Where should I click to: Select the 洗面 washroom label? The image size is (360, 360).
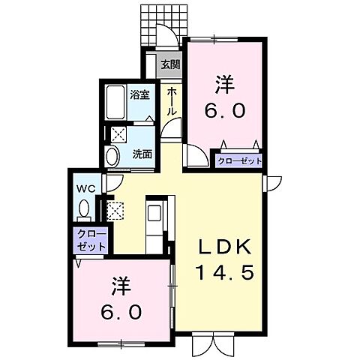tap(142, 154)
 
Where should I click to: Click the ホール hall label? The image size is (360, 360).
tap(172, 100)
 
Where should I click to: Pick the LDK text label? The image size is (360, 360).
tap(228, 247)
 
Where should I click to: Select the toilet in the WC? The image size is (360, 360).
tap(84, 208)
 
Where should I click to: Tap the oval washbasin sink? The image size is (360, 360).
tap(112, 157)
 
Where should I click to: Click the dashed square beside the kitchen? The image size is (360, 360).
tap(115, 211)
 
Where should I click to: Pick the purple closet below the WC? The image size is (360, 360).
tap(91, 240)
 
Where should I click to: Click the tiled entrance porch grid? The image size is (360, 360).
tap(160, 27)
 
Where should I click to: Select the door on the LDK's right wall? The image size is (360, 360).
tap(271, 182)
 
